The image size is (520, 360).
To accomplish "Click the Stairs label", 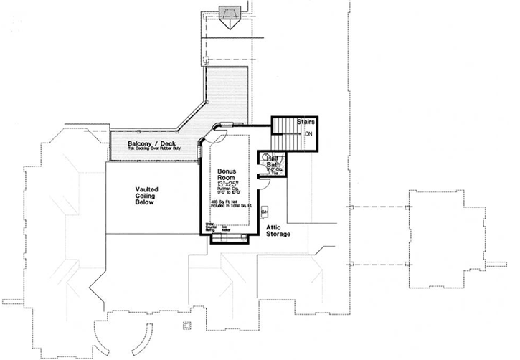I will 308,123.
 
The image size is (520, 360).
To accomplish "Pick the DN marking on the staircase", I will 309,134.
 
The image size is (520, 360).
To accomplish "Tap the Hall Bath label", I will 273,163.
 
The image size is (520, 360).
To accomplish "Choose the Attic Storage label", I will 278,230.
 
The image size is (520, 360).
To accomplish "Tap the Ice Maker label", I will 225,228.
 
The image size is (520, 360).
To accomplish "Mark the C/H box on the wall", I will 264,212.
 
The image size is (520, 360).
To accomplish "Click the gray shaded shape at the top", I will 230,14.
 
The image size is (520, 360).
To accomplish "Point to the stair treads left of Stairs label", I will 283,133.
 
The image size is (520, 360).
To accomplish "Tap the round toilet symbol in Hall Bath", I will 264,159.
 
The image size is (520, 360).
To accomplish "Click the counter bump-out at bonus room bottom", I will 229,240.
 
